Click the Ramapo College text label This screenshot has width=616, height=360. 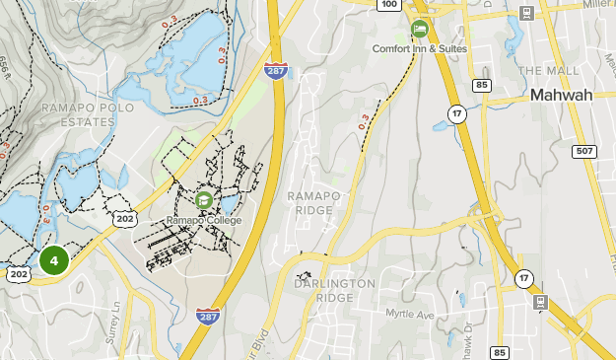[x=203, y=220]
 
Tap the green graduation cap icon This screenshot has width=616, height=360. [x=204, y=200]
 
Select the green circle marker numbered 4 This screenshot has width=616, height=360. [x=54, y=261]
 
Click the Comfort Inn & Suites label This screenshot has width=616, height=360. [x=420, y=48]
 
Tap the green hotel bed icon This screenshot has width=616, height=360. [x=420, y=29]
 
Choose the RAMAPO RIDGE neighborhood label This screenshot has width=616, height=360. [x=314, y=203]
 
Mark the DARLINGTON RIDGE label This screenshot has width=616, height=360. [x=334, y=291]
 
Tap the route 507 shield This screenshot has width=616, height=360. [x=584, y=150]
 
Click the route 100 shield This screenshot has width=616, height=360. [x=389, y=5]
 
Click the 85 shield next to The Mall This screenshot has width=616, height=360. [x=482, y=85]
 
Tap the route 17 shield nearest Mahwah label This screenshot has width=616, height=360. [x=456, y=113]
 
